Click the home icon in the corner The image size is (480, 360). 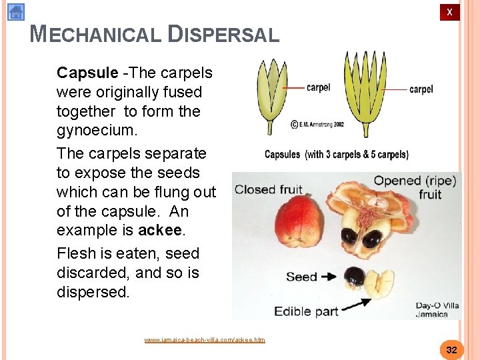pyautogui.click(x=16, y=12)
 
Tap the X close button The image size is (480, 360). pyautogui.click(x=449, y=12)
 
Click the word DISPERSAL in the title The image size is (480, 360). pyautogui.click(x=224, y=34)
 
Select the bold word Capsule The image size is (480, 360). pyautogui.click(x=87, y=72)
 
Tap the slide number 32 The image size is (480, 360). pyautogui.click(x=451, y=350)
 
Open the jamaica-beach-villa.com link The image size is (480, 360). pyautogui.click(x=205, y=340)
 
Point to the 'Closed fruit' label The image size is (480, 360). pyautogui.click(x=268, y=190)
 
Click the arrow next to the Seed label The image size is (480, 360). pyautogui.click(x=329, y=276)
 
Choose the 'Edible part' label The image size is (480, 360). pyautogui.click(x=307, y=311)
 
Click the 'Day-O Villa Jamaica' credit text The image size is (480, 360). pyautogui.click(x=437, y=310)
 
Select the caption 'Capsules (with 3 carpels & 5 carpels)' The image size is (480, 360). pyautogui.click(x=337, y=155)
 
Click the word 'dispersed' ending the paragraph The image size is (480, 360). pyautogui.click(x=92, y=292)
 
